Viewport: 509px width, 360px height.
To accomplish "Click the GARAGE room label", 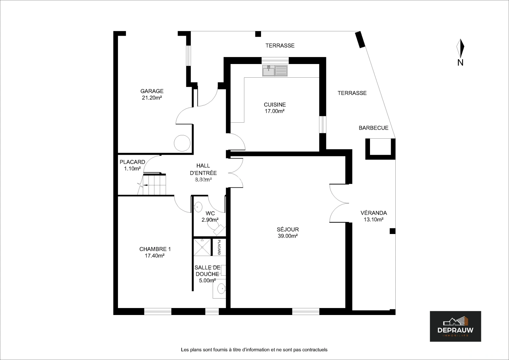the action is pos(152,91).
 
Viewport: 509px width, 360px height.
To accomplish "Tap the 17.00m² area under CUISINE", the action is pos(275,111).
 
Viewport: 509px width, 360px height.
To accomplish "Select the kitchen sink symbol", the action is pos(275,70).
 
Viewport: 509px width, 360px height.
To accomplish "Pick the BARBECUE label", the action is pos(374,128).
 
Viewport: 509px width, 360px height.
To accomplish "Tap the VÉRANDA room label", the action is pos(374,213).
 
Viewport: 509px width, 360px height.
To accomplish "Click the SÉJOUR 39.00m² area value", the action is pos(288,236).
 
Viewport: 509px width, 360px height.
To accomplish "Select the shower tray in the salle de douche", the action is pos(202,247).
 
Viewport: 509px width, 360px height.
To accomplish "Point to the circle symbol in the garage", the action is pos(182,143).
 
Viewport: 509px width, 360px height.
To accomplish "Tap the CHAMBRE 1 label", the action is pos(155,249).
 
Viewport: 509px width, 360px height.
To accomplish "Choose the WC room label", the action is pos(210,213).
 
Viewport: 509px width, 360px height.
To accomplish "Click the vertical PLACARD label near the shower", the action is pos(219,247).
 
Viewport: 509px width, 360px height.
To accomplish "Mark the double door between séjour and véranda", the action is pos(339,203).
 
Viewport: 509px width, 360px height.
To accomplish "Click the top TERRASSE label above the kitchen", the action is pos(280,46).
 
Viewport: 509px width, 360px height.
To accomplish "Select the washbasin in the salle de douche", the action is pos(221,289).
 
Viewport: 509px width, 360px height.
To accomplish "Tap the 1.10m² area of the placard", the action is pos(132,169).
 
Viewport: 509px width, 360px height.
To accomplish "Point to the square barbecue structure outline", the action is pos(380,149).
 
